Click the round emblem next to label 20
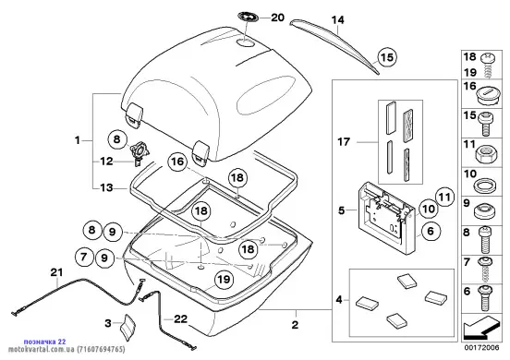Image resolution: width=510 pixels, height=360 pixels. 249,17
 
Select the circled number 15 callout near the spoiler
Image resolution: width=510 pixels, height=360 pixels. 387,57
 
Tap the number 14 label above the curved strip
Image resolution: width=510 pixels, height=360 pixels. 337,20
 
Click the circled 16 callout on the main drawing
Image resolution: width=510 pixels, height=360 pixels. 177,162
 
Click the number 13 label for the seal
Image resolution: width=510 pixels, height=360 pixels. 106,187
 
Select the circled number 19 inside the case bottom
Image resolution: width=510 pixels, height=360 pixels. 224,280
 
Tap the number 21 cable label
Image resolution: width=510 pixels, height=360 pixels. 56,272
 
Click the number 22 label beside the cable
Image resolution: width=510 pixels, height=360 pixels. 181,319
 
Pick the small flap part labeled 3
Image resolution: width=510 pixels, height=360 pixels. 127,328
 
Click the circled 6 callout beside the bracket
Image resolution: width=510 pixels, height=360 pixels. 431,231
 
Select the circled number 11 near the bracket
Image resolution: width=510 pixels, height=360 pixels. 444,197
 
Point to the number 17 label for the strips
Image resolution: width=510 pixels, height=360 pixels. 344,142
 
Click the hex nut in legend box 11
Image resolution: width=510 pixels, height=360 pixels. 486,153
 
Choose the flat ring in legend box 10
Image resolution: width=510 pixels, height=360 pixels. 486,186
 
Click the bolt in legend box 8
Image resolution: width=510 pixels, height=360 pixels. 485,240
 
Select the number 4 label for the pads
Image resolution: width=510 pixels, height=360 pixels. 339,300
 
